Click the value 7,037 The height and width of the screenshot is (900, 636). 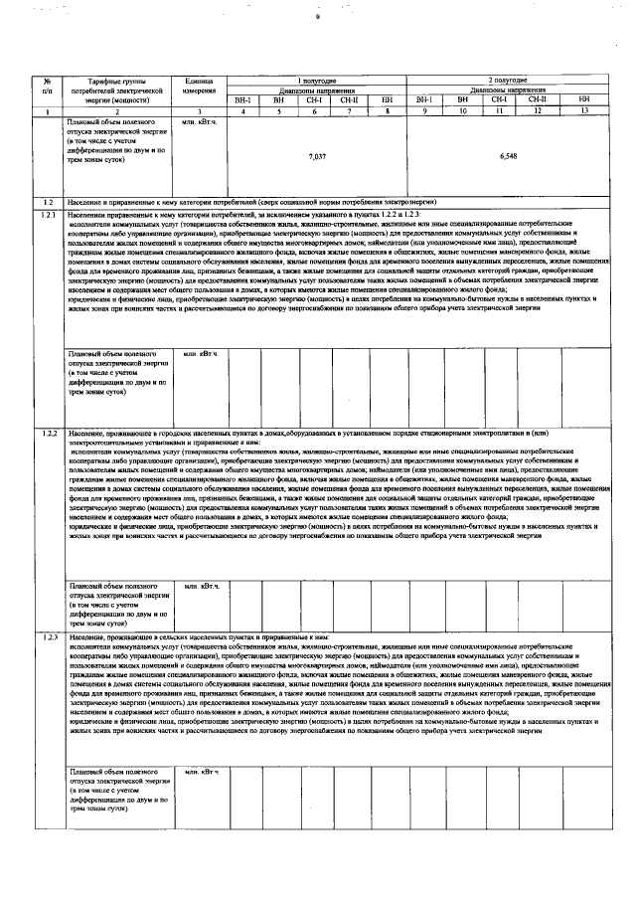tap(317, 157)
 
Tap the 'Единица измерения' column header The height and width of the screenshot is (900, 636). tap(199, 84)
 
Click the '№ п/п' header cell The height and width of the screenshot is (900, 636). tap(47, 84)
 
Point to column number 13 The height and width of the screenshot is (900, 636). tap(583, 110)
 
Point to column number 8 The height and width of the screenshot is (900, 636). tap(387, 110)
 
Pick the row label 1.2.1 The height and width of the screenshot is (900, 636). tap(48, 215)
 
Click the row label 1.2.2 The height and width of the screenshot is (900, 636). tap(48, 434)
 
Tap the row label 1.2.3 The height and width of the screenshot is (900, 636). tap(48, 634)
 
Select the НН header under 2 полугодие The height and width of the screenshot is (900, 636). tap(583, 100)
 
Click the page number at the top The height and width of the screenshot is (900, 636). tap(318, 17)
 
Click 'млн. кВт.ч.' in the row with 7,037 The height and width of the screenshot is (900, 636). tap(199, 120)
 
